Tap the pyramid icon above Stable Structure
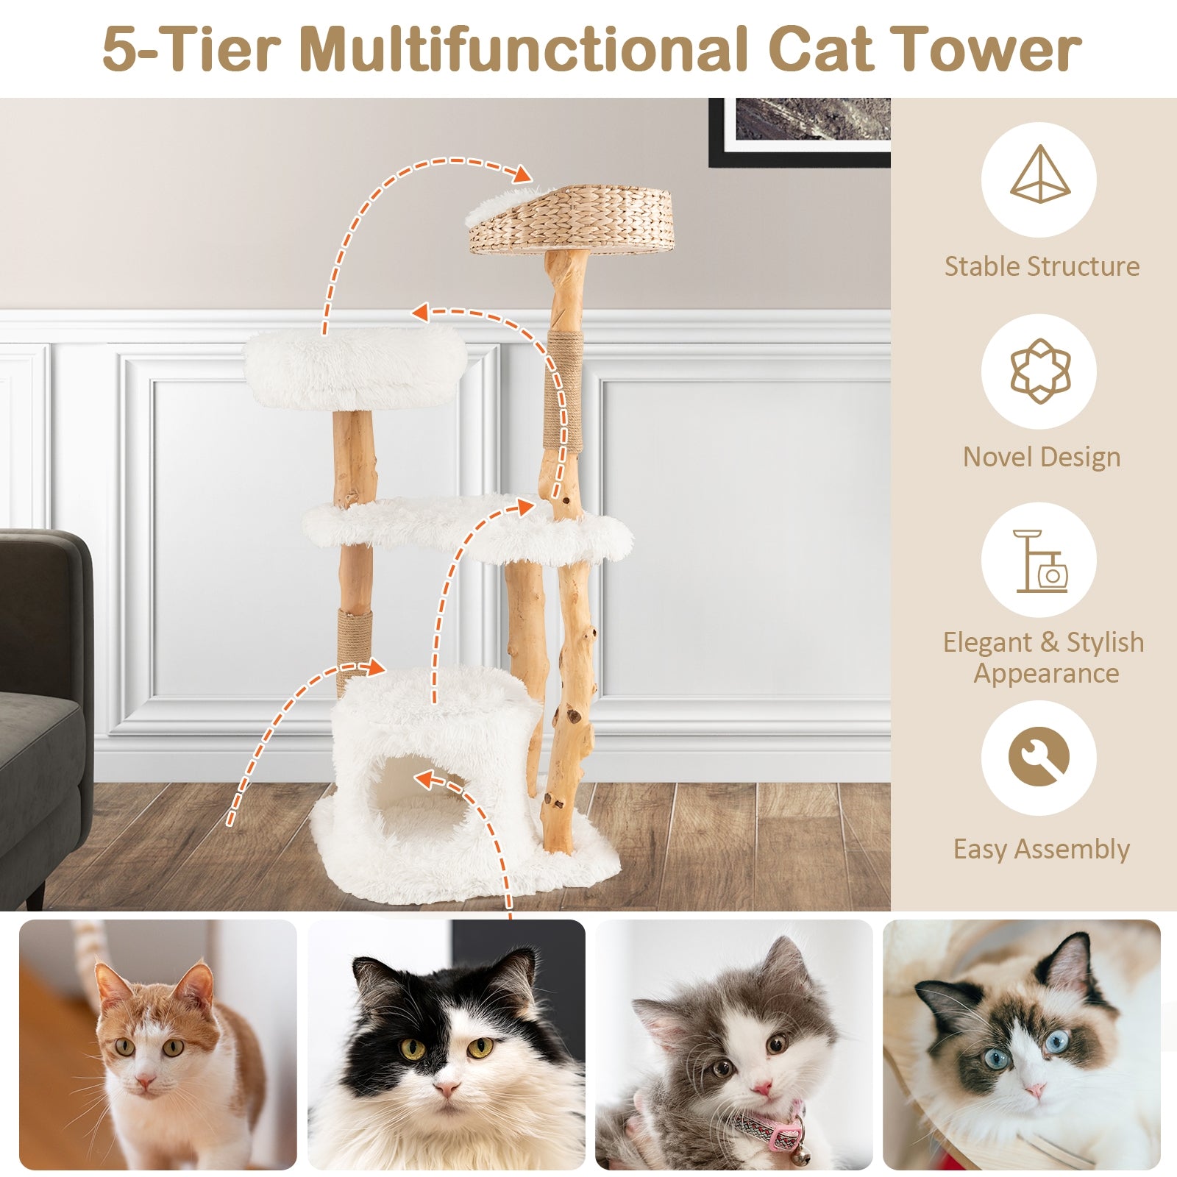click(x=1039, y=177)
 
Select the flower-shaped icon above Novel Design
click(x=1039, y=371)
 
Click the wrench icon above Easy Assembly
click(x=1038, y=758)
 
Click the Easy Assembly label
click(x=1041, y=849)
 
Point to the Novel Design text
click(x=1041, y=457)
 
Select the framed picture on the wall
click(x=802, y=129)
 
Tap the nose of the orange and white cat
click(x=145, y=1081)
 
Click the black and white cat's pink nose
click(x=447, y=1088)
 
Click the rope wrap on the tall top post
click(x=564, y=390)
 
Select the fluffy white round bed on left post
click(x=356, y=368)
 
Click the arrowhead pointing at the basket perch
click(x=522, y=175)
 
